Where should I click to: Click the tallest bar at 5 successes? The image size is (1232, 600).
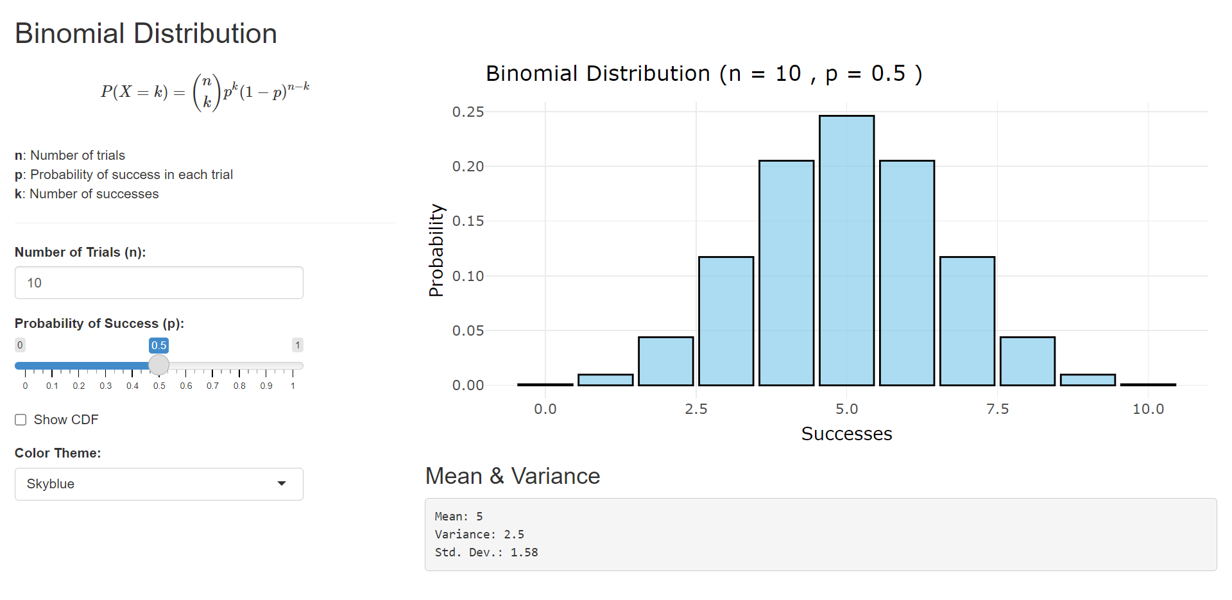846,250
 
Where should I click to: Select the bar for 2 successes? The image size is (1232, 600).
665,361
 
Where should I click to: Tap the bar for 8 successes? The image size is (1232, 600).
1027,361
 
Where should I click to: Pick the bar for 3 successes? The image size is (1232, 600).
726,321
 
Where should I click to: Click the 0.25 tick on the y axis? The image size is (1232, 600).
468,112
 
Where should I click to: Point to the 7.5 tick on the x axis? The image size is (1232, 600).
997,409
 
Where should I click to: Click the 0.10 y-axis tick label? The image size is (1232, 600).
468,276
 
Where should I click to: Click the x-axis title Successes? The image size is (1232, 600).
846,434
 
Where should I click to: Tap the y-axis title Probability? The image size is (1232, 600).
436,250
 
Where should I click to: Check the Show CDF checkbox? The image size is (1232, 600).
21,420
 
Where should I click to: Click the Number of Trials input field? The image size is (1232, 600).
158,283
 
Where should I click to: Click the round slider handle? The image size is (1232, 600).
158,365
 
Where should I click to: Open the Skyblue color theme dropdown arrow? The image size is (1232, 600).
281,484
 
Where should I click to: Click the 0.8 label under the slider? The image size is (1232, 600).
239,386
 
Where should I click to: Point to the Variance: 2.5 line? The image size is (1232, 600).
479,535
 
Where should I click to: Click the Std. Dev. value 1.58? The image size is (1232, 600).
524,553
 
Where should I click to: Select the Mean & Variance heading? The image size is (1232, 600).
512,476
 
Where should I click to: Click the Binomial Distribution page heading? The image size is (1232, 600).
146,33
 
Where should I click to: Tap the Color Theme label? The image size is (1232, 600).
58,453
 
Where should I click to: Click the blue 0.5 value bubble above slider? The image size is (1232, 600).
158,345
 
